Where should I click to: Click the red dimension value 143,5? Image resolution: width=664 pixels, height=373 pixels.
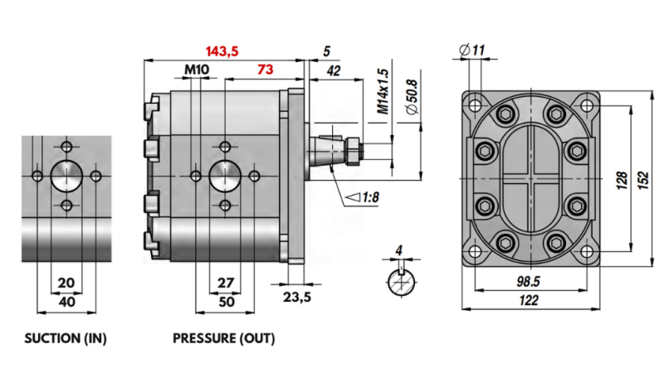point(222,51)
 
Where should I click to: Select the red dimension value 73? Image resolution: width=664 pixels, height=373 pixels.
point(265,70)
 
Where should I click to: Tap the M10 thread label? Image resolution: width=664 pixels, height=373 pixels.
point(197,70)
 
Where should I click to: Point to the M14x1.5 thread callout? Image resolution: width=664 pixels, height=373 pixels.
point(383,91)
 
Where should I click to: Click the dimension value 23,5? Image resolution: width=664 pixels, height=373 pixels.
point(296,298)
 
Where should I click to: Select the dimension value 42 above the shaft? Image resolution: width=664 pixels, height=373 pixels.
point(334,71)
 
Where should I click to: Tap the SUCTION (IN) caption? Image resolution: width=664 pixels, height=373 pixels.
point(66,339)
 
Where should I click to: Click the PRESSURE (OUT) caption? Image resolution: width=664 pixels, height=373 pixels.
point(223,339)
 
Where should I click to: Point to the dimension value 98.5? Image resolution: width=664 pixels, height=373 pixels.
point(528,282)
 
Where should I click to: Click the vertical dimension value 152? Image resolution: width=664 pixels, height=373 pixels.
point(642,180)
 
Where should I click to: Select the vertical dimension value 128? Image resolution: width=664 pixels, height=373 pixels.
point(621,180)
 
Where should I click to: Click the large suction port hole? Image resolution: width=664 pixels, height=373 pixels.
point(66,176)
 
